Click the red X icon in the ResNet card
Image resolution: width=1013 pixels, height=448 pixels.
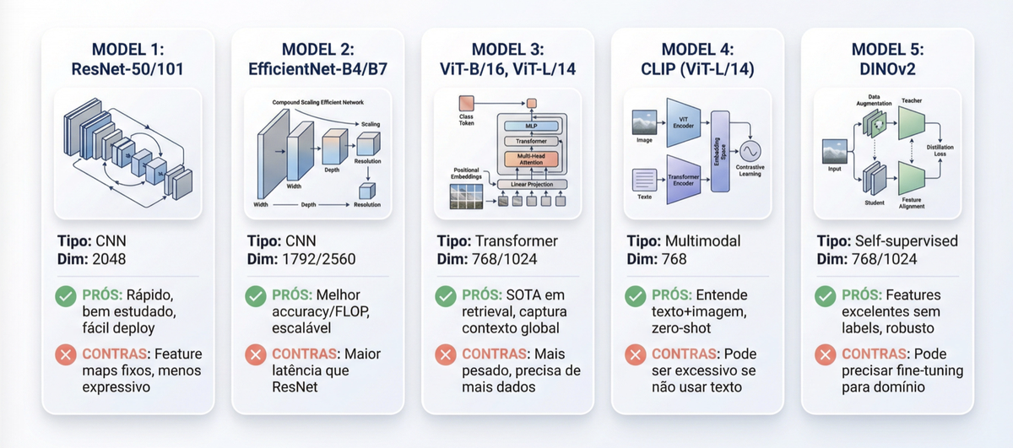[65, 354]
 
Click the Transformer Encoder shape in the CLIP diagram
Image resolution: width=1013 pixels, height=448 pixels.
[684, 179]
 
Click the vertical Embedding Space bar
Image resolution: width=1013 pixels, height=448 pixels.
[720, 151]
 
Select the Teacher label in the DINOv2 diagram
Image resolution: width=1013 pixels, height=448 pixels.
[912, 100]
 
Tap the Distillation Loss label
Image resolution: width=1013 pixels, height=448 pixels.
[940, 150]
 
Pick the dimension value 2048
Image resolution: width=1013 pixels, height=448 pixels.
[110, 259]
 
